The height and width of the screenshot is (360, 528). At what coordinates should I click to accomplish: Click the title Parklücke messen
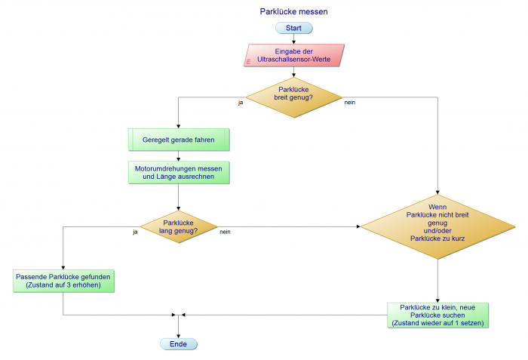(x=293, y=12)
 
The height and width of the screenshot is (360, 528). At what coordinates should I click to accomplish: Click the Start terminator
(x=294, y=28)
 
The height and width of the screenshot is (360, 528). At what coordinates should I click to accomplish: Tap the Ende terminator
(x=178, y=343)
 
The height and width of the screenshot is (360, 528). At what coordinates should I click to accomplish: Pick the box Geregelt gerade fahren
(x=179, y=140)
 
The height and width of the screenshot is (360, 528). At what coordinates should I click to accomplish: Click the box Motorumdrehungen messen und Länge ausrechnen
(x=179, y=172)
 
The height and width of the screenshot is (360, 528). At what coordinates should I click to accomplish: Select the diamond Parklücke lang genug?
(x=179, y=226)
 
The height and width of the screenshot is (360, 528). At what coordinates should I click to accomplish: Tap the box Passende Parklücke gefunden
(x=63, y=281)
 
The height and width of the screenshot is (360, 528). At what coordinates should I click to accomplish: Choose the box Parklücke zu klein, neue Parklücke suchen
(x=437, y=315)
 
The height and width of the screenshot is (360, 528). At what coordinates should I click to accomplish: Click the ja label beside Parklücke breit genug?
(x=240, y=102)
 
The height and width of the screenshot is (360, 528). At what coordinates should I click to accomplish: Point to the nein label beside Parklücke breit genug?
(x=350, y=102)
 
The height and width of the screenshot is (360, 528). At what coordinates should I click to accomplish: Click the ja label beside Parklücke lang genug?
(x=135, y=232)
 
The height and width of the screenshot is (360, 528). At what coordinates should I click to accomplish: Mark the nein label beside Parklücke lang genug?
(x=225, y=232)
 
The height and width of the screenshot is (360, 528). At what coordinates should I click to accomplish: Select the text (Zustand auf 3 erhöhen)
(x=63, y=285)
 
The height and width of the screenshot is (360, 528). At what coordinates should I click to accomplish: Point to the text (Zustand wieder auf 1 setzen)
(x=437, y=323)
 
